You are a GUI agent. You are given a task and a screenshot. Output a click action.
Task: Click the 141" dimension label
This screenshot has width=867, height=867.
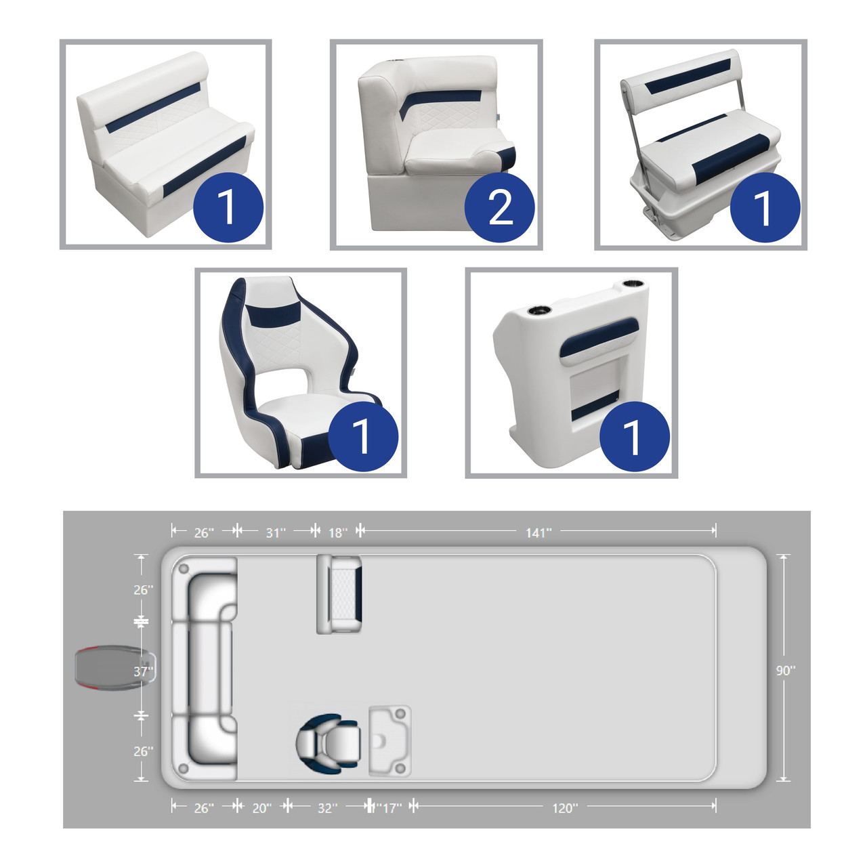tap(538, 532)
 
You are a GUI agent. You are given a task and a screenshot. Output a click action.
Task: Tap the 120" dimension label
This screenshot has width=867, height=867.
tap(565, 808)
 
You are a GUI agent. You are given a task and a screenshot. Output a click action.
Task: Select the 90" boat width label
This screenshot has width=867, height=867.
tap(786, 671)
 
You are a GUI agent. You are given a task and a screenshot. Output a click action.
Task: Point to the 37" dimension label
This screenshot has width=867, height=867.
tap(143, 671)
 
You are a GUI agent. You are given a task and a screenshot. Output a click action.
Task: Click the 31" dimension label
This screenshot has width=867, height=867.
tap(276, 532)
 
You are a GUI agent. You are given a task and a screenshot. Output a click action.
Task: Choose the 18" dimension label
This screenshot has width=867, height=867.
tap(338, 532)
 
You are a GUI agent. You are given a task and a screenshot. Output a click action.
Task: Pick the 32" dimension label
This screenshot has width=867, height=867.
tap(328, 808)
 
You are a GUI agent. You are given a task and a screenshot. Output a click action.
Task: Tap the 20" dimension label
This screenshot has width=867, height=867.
tap(262, 808)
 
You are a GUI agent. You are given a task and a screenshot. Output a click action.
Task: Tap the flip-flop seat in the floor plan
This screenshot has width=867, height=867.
tap(339, 594)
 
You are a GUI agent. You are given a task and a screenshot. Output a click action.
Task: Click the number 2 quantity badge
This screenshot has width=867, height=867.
tap(499, 207)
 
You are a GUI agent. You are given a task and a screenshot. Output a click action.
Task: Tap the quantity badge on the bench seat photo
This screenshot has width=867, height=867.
tap(228, 207)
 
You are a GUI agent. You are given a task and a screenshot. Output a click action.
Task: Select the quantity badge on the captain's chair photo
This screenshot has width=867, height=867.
tap(363, 436)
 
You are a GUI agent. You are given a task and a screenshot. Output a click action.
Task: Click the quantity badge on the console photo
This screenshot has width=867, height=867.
tap(635, 436)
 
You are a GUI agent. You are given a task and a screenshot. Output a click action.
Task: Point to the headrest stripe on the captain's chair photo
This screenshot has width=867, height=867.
tap(274, 314)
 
